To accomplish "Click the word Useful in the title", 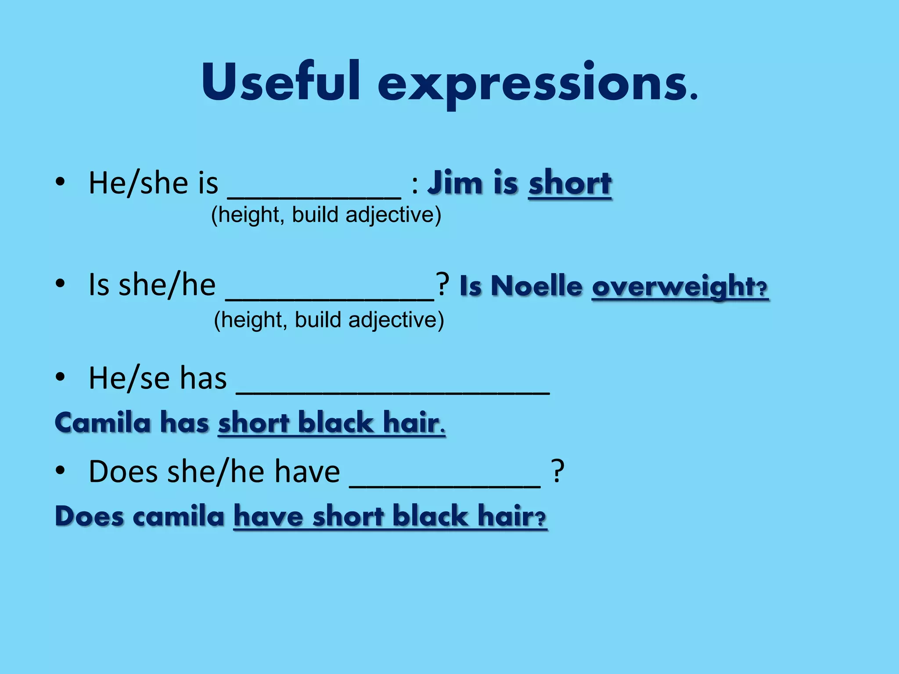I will pyautogui.click(x=281, y=82).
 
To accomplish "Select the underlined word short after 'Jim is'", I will pyautogui.click(x=570, y=183).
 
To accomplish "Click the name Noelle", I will pyautogui.click(x=536, y=286).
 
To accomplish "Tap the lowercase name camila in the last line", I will pyautogui.click(x=178, y=516).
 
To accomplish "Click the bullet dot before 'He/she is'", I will pyautogui.click(x=60, y=182).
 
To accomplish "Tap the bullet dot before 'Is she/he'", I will pyautogui.click(x=60, y=284).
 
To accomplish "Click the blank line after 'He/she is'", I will pyautogui.click(x=314, y=197).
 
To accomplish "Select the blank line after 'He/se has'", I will pyautogui.click(x=393, y=392).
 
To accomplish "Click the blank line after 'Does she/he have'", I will pyautogui.click(x=445, y=485).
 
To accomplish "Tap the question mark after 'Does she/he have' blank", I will pyautogui.click(x=557, y=472).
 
